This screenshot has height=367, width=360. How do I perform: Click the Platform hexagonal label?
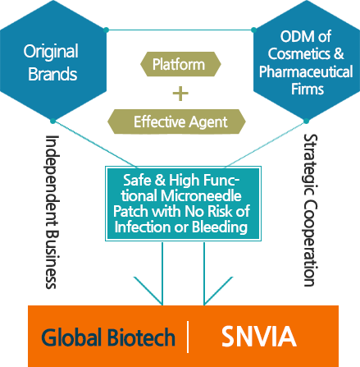pos(180,64)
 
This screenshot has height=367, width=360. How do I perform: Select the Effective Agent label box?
pos(176,122)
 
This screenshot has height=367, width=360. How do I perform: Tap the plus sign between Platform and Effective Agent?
pos(180,94)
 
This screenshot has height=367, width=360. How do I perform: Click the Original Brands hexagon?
pos(53,60)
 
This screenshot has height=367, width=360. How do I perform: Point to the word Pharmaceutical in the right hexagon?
pos(306,71)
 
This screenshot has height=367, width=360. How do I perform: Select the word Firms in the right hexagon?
pos(308,89)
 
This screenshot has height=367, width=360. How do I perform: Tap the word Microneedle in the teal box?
pos(201,195)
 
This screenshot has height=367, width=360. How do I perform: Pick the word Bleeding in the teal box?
pos(220,227)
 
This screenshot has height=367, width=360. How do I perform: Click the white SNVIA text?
pos(258,337)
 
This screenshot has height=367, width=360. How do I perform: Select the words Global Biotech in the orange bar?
pos(108,337)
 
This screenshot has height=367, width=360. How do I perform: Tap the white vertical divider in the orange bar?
pos(188,337)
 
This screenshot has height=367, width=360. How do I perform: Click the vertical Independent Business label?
pos(52,212)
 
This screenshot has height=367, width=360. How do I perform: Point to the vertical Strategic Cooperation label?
pos(310,210)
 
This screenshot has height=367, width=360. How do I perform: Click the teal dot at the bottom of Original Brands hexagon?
pos(52,121)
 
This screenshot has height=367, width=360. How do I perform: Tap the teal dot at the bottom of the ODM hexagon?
pos(306,121)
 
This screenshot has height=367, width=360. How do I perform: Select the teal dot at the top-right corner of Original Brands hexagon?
pos(107,30)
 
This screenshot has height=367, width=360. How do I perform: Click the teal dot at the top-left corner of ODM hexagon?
pos(253,30)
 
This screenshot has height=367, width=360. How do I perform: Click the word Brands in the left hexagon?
pos(52,74)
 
